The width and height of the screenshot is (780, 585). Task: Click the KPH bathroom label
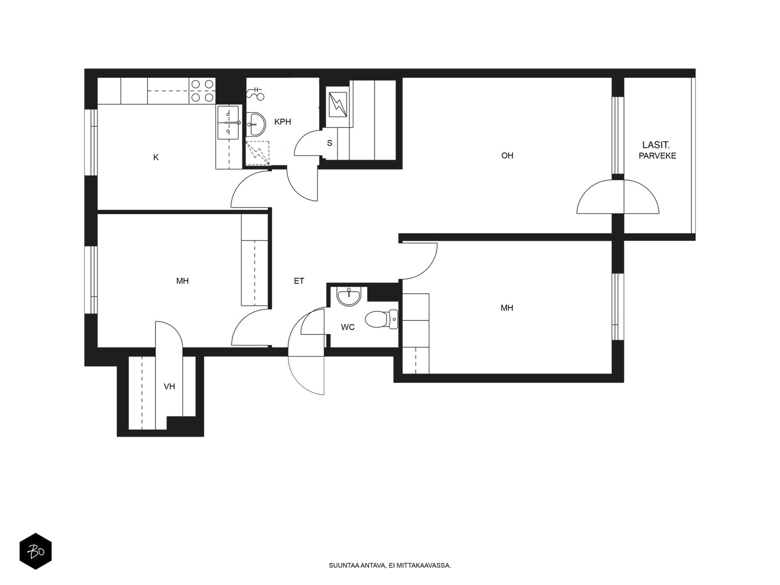pyautogui.click(x=282, y=122)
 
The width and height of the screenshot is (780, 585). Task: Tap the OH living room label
pyautogui.click(x=507, y=156)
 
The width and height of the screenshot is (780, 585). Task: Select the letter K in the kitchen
pyautogui.click(x=156, y=157)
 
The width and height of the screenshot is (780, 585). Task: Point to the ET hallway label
pyautogui.click(x=299, y=281)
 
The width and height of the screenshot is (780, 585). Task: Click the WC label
pyautogui.click(x=348, y=327)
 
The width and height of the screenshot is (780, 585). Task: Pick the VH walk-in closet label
pyautogui.click(x=169, y=387)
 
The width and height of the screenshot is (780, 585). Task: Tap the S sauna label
pyautogui.click(x=330, y=143)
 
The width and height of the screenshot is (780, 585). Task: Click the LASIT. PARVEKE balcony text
pyautogui.click(x=657, y=150)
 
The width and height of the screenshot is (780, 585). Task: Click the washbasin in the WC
pyautogui.click(x=349, y=296)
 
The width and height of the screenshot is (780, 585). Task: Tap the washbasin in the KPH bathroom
pyautogui.click(x=255, y=124)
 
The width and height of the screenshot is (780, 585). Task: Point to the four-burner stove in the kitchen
pyautogui.click(x=202, y=91)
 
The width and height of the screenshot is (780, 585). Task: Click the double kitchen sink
pyautogui.click(x=228, y=122)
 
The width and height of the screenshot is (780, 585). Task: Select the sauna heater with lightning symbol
pyautogui.click(x=337, y=104)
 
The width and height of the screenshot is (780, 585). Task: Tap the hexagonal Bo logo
pyautogui.click(x=36, y=551)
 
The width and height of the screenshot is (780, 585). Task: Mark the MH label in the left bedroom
pyautogui.click(x=182, y=281)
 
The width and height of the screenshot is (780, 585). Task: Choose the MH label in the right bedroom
pyautogui.click(x=507, y=308)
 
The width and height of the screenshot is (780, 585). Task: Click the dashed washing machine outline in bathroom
pyautogui.click(x=257, y=153)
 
